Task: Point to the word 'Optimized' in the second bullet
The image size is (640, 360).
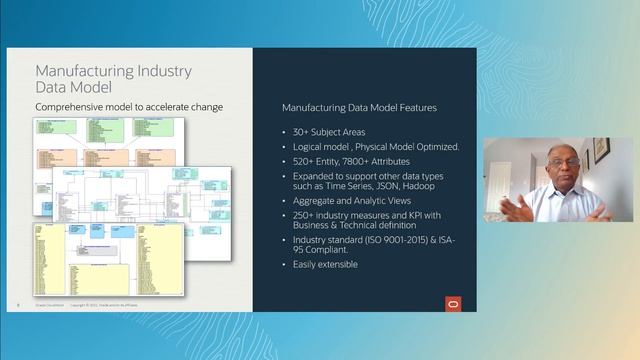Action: point(431,147)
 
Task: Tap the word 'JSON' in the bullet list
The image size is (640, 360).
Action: point(388,186)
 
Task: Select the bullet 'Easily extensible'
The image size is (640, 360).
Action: point(326,264)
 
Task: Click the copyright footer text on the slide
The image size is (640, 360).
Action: point(110,304)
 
